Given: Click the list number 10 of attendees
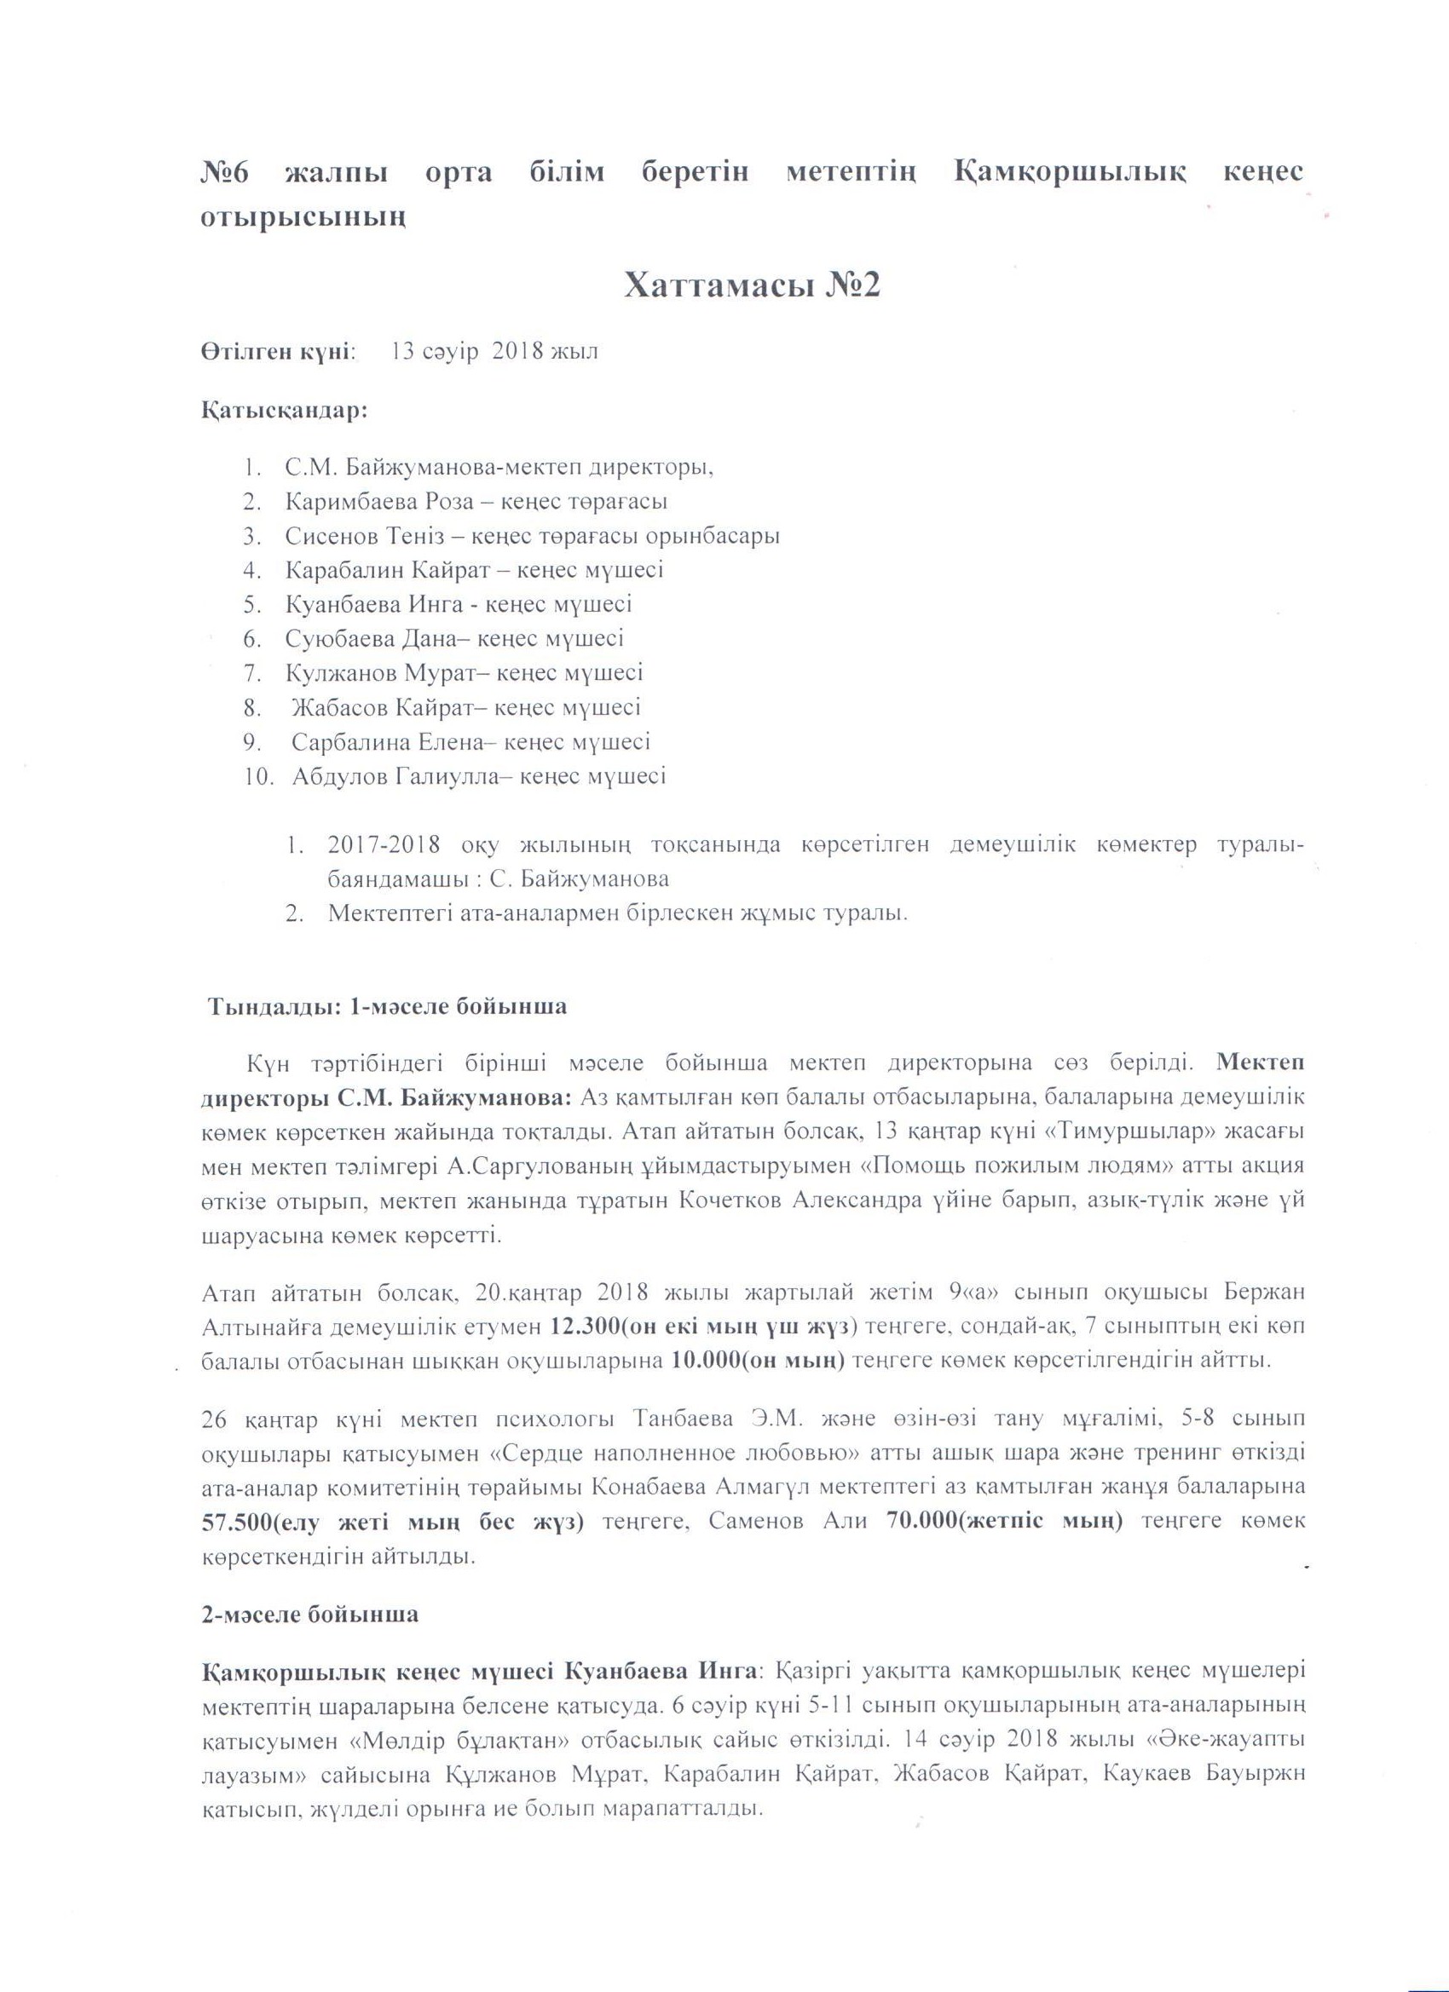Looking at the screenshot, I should tap(261, 777).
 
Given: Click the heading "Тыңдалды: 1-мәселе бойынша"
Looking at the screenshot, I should tap(387, 1007).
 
